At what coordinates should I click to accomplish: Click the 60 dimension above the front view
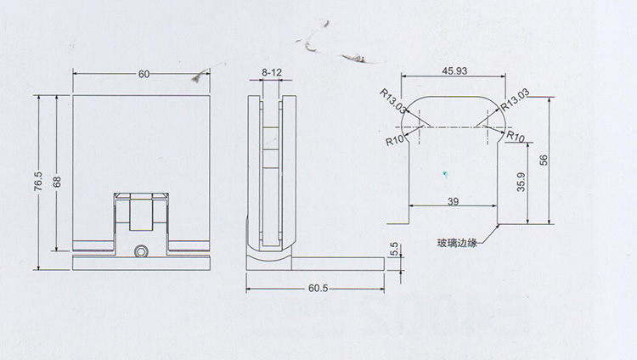(x=143, y=74)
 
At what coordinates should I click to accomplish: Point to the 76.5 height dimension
(x=37, y=182)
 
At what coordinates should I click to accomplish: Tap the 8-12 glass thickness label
(x=272, y=74)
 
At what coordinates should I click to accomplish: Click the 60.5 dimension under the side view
(x=317, y=289)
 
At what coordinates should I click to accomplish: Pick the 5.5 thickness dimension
(x=392, y=250)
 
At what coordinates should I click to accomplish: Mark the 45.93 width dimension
(x=454, y=70)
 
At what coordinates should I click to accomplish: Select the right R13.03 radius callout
(x=516, y=102)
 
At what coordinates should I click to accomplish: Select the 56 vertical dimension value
(x=544, y=158)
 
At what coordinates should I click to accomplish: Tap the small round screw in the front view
(x=142, y=251)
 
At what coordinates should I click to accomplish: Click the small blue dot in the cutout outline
(x=441, y=175)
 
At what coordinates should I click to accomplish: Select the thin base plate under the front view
(x=142, y=262)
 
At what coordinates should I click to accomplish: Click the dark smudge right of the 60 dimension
(x=201, y=77)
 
